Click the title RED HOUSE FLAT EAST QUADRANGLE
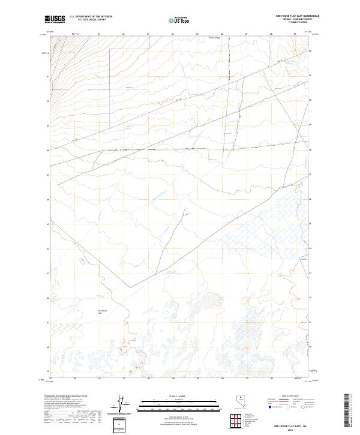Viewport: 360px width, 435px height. (297, 16)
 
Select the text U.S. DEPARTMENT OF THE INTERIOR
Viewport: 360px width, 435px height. (91, 17)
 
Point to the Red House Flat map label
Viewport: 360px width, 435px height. (101, 311)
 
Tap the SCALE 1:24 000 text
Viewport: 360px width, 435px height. (173, 397)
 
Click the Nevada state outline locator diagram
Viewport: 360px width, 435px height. (241, 404)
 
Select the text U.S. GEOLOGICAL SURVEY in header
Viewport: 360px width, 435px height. (91, 20)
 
